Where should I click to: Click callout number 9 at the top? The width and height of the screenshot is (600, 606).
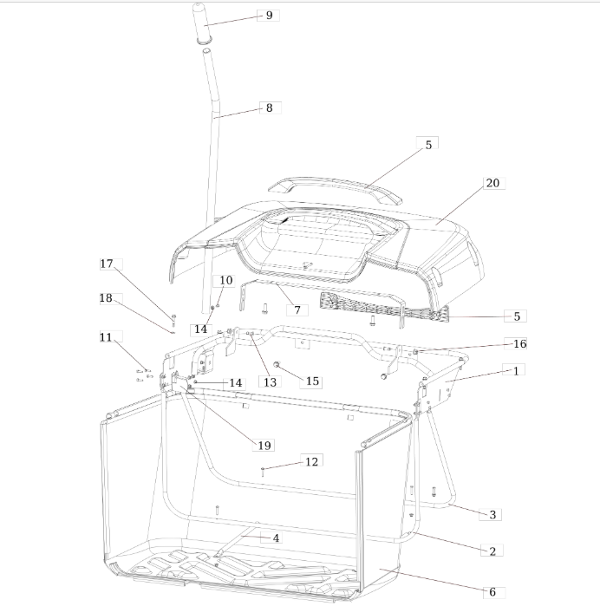(x=269, y=16)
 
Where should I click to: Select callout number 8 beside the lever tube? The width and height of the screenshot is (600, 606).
(x=269, y=108)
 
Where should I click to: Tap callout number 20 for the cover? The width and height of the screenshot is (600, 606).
(x=492, y=183)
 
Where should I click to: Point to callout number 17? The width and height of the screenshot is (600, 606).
(x=107, y=264)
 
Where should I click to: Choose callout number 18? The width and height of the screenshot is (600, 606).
(x=106, y=298)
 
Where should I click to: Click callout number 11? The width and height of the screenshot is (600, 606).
(x=106, y=337)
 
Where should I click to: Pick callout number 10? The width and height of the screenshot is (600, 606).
(x=226, y=280)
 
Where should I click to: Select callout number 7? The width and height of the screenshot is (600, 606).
(x=297, y=310)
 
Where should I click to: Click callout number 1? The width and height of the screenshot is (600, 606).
(x=516, y=371)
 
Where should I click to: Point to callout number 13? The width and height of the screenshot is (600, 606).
(x=270, y=381)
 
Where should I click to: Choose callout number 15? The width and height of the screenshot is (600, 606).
(x=312, y=381)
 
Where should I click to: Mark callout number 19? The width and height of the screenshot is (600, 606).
(x=264, y=446)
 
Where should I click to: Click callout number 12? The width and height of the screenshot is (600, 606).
(x=311, y=461)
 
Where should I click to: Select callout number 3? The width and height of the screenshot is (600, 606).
(x=492, y=514)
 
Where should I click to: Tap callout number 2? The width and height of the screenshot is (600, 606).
(x=492, y=551)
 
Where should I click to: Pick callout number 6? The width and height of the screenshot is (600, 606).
(x=492, y=592)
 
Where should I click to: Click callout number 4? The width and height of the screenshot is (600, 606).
(x=276, y=538)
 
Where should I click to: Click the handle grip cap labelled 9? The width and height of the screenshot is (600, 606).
(x=204, y=23)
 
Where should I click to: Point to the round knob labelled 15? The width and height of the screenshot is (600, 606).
(x=277, y=364)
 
